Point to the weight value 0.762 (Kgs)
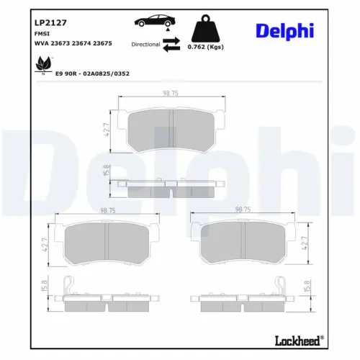tap(204, 47)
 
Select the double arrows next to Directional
tap(171, 45)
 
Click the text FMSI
tap(41, 33)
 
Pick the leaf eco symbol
tap(41, 66)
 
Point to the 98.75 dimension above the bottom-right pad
tap(244, 209)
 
